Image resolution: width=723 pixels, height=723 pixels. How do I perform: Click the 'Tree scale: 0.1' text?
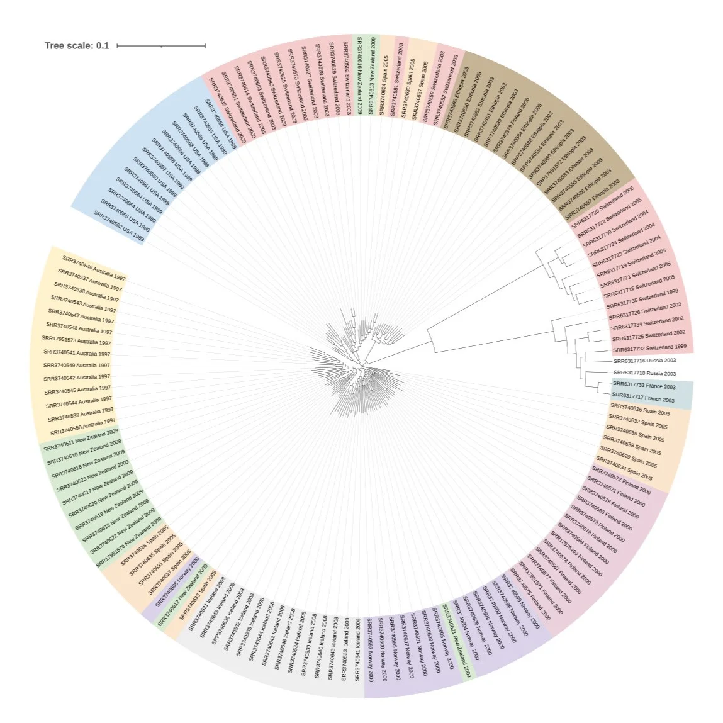point(77,45)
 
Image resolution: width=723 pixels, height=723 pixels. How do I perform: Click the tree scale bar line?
point(161,45)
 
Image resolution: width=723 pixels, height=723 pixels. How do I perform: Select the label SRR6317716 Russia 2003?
point(644,361)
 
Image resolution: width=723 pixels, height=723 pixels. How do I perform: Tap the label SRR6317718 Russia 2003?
point(644,373)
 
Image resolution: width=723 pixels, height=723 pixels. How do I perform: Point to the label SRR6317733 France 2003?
point(644,385)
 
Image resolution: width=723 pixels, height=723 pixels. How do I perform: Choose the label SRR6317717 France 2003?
point(642,398)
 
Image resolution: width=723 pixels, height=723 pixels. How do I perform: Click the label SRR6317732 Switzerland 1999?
point(649,348)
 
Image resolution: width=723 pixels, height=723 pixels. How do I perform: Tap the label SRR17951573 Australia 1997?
point(76,340)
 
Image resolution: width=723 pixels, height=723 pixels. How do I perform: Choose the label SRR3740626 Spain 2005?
point(639,411)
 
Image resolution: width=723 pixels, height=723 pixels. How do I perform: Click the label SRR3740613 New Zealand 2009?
point(371,76)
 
